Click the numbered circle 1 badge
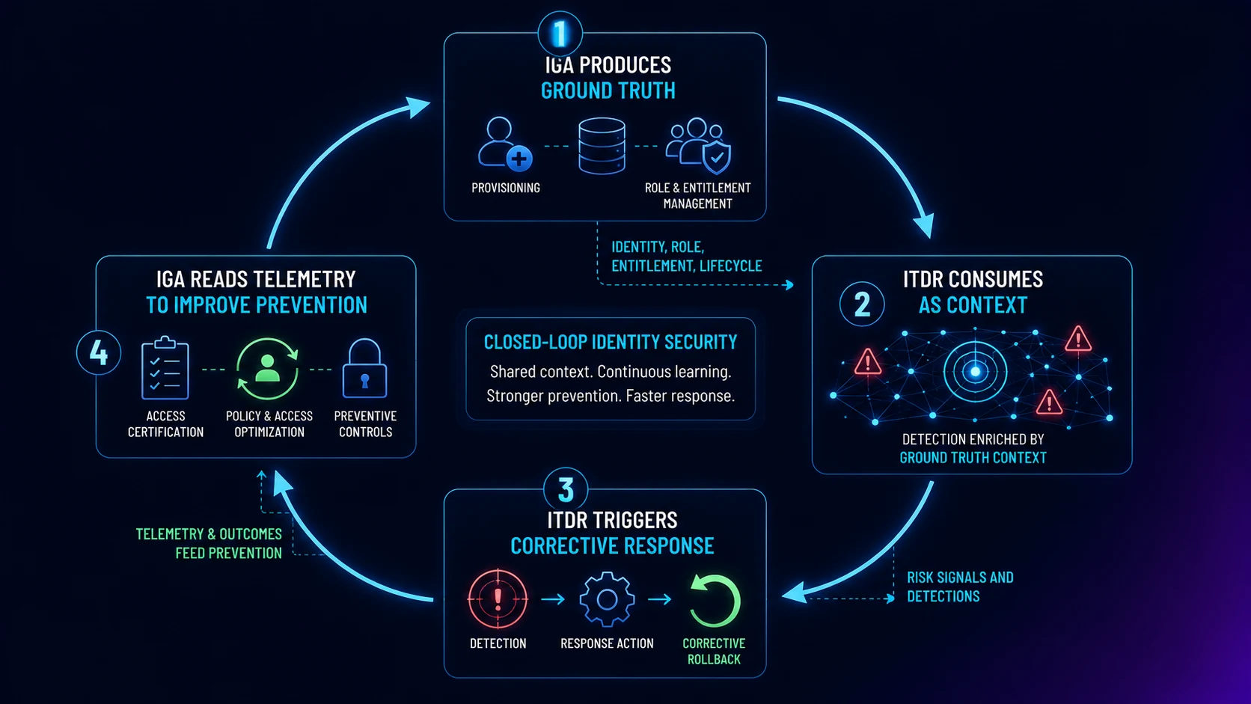click(560, 34)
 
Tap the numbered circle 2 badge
click(862, 304)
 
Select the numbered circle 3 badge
click(566, 489)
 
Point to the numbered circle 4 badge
click(99, 353)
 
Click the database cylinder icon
click(602, 146)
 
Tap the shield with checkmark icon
click(717, 157)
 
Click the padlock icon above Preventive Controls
click(364, 369)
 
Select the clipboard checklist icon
click(165, 368)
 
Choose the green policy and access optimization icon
click(268, 369)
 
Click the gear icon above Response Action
click(607, 599)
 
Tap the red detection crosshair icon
click(498, 599)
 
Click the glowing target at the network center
click(975, 371)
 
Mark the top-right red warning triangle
click(1078, 339)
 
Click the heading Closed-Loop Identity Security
click(611, 342)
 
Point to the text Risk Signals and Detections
click(960, 587)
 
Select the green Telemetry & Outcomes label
click(209, 543)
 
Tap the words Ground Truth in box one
click(608, 91)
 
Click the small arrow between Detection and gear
click(553, 599)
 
